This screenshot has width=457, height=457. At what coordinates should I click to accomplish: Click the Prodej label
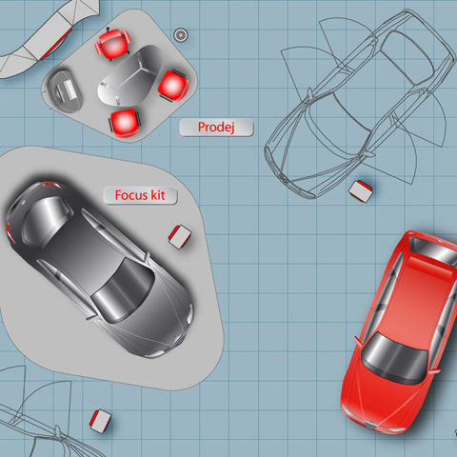pyautogui.click(x=216, y=128)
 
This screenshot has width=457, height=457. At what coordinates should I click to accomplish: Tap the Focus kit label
pyautogui.click(x=140, y=195)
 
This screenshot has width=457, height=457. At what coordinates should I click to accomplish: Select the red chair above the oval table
pyautogui.click(x=112, y=44)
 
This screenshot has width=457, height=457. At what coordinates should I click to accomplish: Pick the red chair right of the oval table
pyautogui.click(x=173, y=86)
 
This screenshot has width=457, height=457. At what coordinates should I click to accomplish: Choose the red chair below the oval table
pyautogui.click(x=125, y=123)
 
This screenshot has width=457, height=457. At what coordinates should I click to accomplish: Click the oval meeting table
pyautogui.click(x=130, y=76)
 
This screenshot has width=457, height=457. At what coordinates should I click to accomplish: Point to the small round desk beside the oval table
pyautogui.click(x=63, y=91)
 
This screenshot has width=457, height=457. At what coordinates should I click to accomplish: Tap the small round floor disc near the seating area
pyautogui.click(x=181, y=34)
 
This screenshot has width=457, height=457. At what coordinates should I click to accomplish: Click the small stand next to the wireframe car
pyautogui.click(x=360, y=191)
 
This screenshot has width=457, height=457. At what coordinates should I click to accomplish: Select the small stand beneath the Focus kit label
pyautogui.click(x=180, y=237)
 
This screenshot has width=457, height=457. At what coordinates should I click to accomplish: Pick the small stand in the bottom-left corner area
pyautogui.click(x=100, y=421)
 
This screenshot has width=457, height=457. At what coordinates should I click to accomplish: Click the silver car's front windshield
pyautogui.click(x=123, y=290)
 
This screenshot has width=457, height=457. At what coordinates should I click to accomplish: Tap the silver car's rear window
pyautogui.click(x=47, y=219)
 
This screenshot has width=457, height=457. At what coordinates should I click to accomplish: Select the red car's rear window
pyautogui.click(x=434, y=249)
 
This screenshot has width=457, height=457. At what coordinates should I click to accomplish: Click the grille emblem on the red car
pyautogui.click(x=369, y=425)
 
